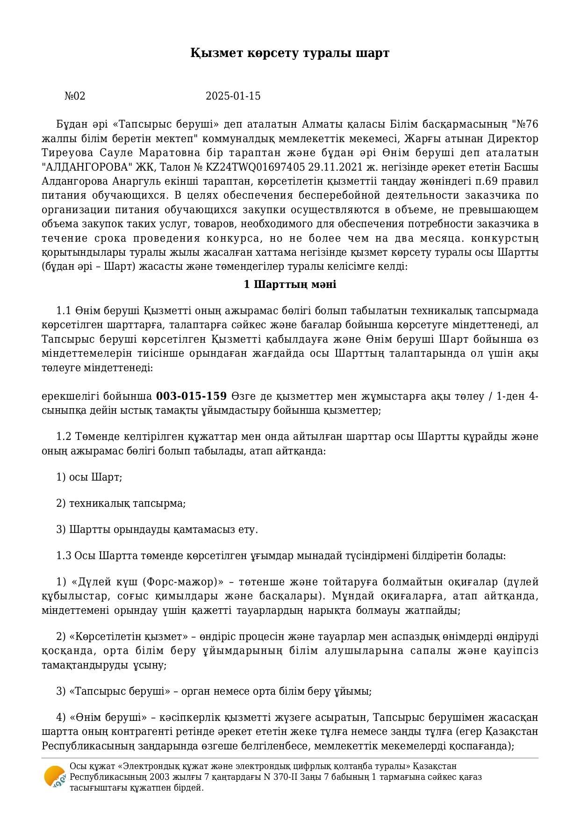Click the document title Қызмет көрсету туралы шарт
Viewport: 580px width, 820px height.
pos(290,53)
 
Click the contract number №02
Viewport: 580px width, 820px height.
pos(75,96)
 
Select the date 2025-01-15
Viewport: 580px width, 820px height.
pos(233,96)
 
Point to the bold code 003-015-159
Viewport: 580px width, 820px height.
pos(191,396)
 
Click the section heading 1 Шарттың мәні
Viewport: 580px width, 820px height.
pos(290,285)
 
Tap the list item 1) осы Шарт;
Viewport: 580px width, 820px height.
pos(89,477)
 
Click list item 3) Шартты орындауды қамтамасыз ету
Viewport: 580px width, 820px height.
pos(157,530)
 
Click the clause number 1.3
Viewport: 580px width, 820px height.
pos(64,556)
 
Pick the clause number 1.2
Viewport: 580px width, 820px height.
pos(64,437)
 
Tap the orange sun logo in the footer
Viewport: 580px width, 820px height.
pos(54,777)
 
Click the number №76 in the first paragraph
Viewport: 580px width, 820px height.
pos(525,124)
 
